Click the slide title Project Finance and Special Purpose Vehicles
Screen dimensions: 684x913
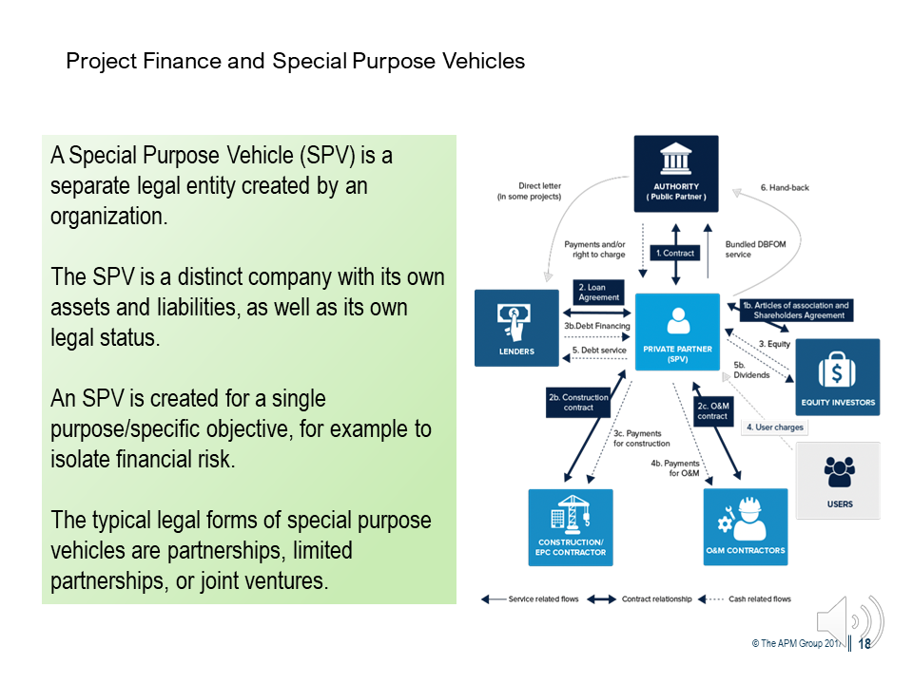295,62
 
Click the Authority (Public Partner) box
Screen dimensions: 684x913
676,173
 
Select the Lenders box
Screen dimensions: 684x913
516,328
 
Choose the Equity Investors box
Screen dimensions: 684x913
837,377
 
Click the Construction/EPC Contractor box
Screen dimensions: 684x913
571,526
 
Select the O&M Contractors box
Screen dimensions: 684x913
746,526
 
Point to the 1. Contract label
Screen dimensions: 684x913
676,253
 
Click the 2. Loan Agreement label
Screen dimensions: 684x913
599,292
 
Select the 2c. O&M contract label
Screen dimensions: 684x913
712,410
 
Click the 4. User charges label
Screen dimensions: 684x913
775,427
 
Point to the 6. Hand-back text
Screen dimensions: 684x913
785,188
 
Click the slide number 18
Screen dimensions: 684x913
864,643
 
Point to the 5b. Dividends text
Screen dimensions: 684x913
751,370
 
